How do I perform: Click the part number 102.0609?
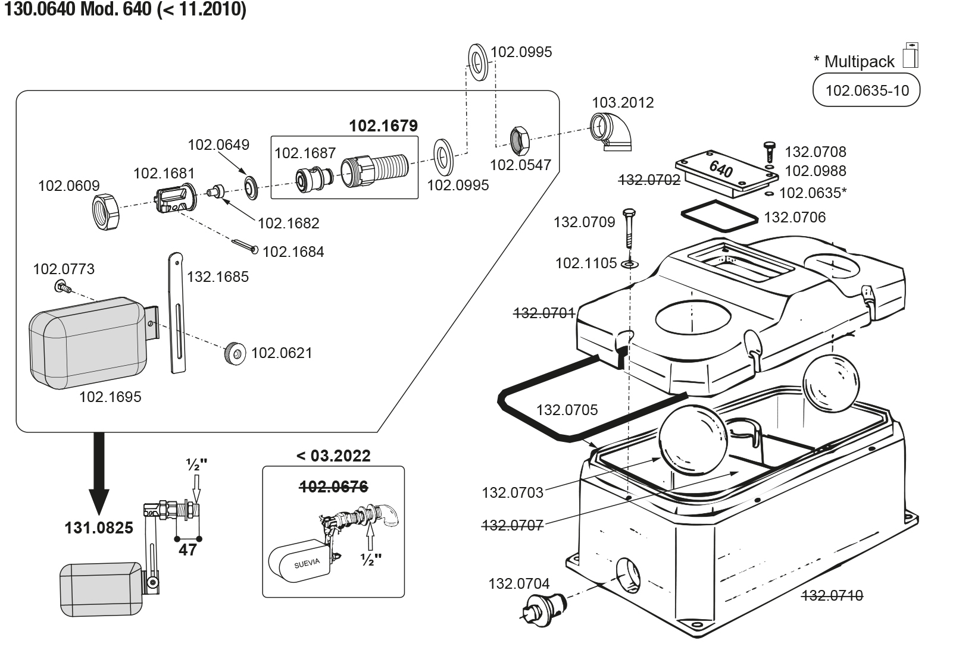click(68, 186)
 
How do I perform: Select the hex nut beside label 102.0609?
click(106, 212)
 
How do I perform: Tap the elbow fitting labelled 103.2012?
click(610, 132)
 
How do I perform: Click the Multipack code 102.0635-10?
click(867, 90)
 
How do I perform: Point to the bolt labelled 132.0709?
click(629, 228)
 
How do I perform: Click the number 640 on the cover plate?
click(721, 169)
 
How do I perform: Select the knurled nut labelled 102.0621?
click(235, 353)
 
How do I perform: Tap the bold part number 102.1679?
click(383, 126)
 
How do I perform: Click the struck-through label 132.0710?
click(832, 595)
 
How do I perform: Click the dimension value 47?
click(188, 550)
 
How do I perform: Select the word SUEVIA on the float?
click(307, 564)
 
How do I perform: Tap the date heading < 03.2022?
click(333, 456)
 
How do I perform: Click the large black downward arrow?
click(99, 473)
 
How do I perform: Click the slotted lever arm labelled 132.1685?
click(177, 313)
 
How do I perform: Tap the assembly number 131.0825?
click(99, 528)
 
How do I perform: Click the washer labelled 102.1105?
click(630, 265)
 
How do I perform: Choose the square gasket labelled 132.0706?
click(719, 216)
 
